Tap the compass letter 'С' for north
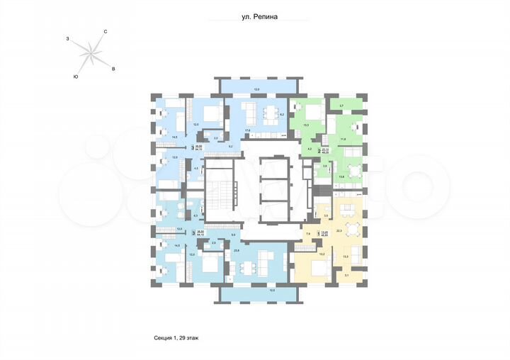click(105, 32)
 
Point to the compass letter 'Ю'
click(75, 75)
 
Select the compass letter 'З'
click(67, 38)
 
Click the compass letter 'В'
click(113, 69)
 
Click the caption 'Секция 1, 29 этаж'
click(181, 338)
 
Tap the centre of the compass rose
click(90, 53)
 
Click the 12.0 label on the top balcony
click(257, 90)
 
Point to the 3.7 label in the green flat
click(341, 106)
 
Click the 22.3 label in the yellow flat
click(339, 230)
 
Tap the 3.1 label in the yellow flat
click(346, 275)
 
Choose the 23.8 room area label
click(237, 250)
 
